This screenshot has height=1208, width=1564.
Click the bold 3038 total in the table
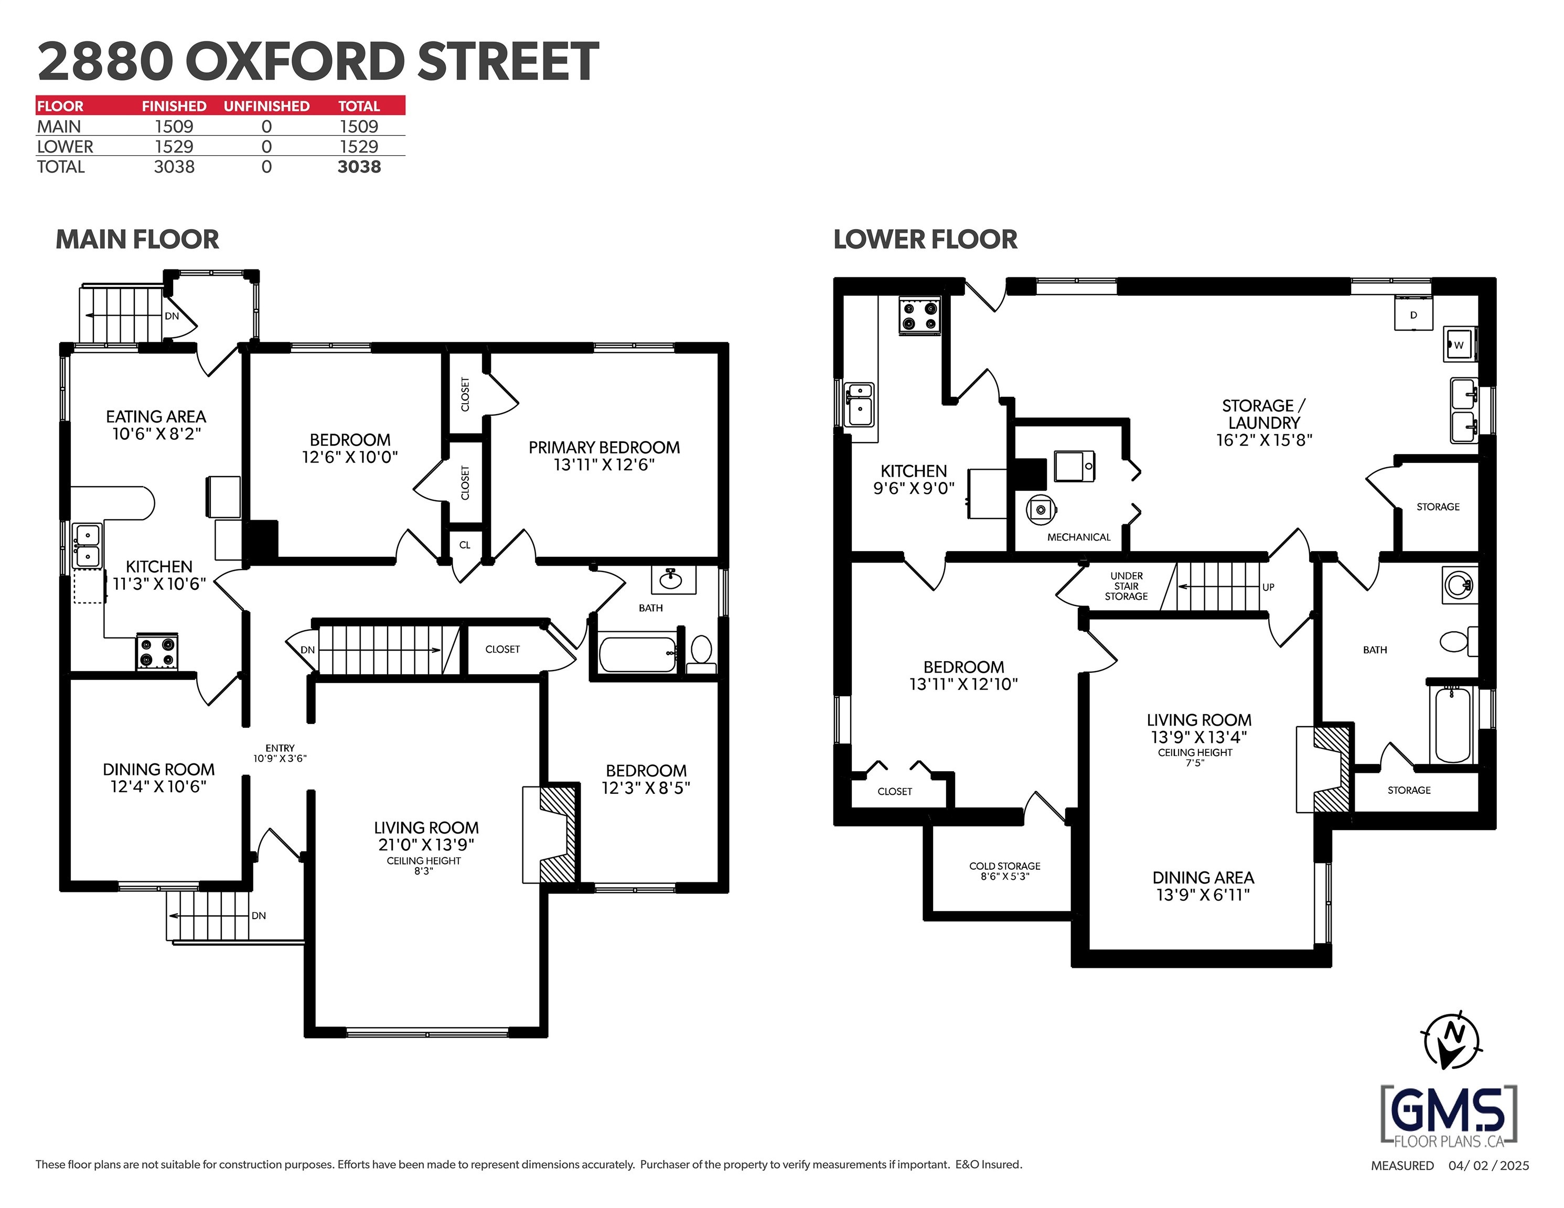(359, 167)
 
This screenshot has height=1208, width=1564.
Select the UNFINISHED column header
(266, 106)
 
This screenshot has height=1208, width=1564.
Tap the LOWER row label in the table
(65, 147)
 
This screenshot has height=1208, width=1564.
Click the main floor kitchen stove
(157, 652)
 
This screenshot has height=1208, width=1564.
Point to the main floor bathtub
(637, 654)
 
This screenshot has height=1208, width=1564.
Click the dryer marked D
(1413, 315)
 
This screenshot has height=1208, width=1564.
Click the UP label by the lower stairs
(1268, 587)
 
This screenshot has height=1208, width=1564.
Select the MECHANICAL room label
(1078, 537)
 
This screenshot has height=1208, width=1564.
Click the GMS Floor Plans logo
(1448, 1115)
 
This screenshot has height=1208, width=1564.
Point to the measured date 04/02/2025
(1488, 1165)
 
